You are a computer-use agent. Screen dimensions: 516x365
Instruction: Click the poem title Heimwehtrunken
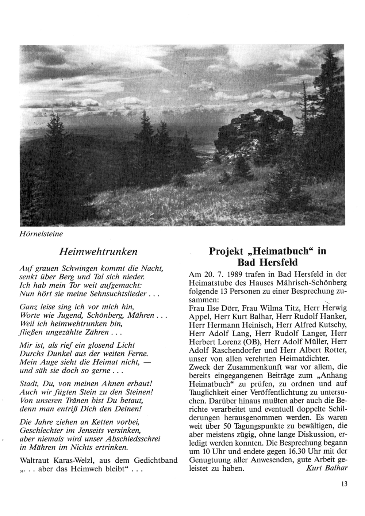point(98,252)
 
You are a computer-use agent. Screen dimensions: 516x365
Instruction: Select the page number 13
point(344,485)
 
